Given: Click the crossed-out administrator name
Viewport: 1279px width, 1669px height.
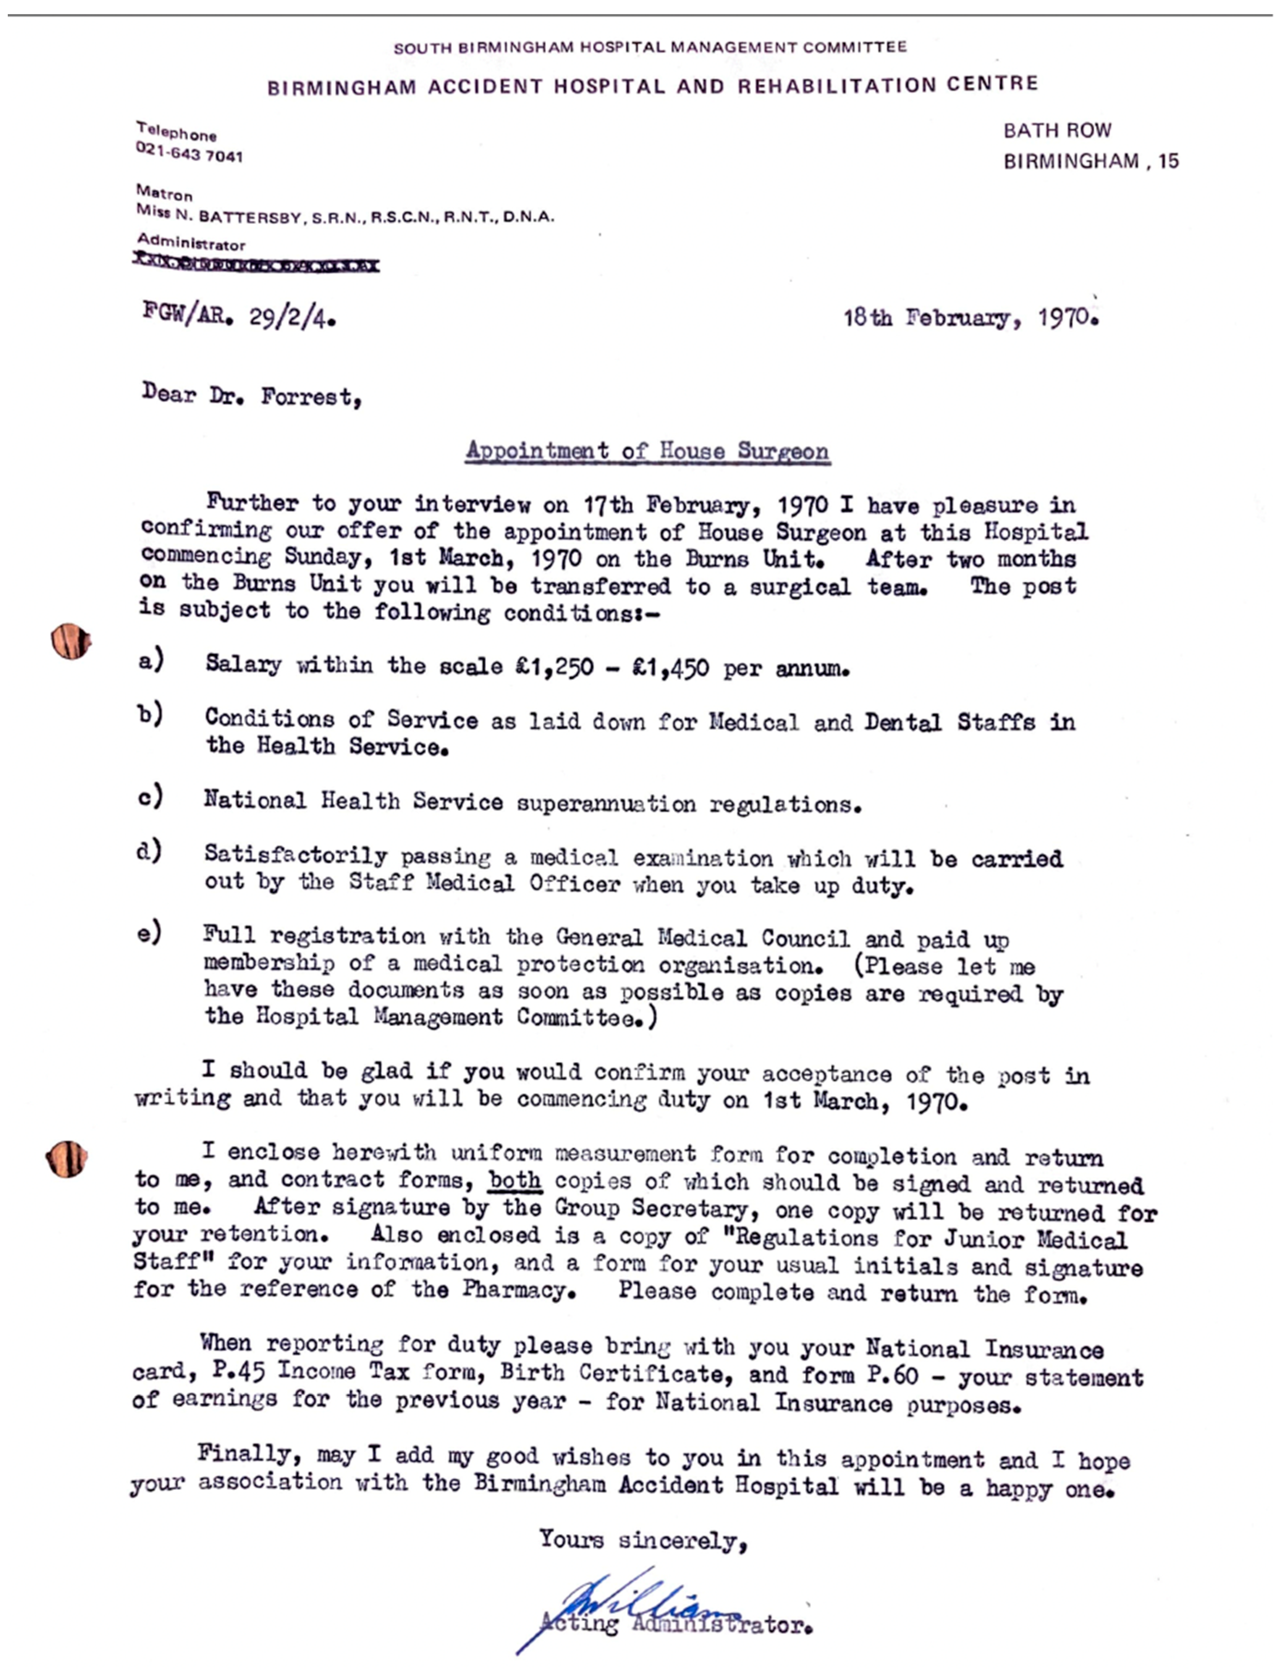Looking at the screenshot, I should pos(256,264).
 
